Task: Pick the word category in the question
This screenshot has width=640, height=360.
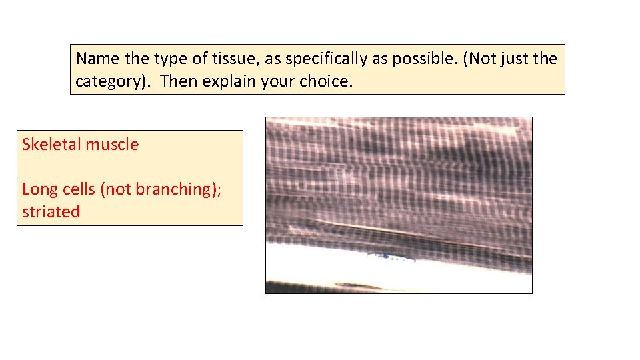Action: pyautogui.click(x=113, y=83)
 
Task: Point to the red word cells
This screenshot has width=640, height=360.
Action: pyautogui.click(x=79, y=189)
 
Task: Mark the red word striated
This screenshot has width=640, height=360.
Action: pyautogui.click(x=51, y=212)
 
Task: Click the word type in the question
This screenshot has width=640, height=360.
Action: pyautogui.click(x=172, y=59)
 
